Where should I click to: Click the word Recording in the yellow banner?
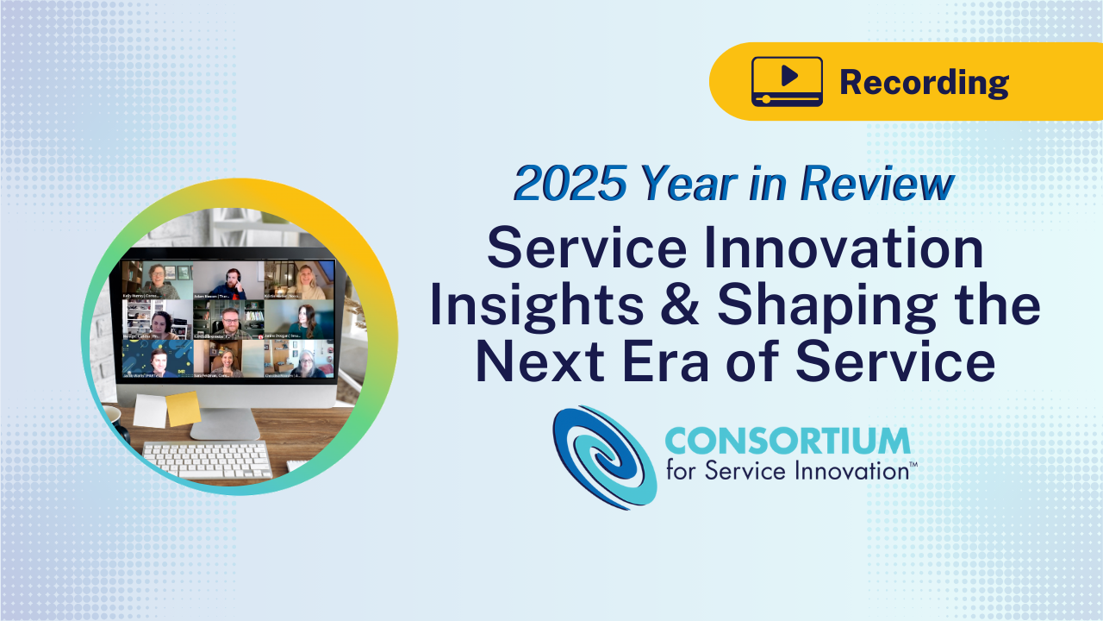pyautogui.click(x=924, y=82)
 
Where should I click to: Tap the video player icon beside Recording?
pyautogui.click(x=787, y=81)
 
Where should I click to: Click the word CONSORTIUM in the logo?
pyautogui.click(x=787, y=441)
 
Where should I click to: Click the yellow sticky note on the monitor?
pyautogui.click(x=183, y=409)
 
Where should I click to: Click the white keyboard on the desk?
pyautogui.click(x=207, y=458)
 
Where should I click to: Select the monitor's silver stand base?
pyautogui.click(x=224, y=425)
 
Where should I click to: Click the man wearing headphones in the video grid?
pyautogui.click(x=228, y=280)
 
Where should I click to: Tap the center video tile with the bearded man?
pyautogui.click(x=228, y=319)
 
